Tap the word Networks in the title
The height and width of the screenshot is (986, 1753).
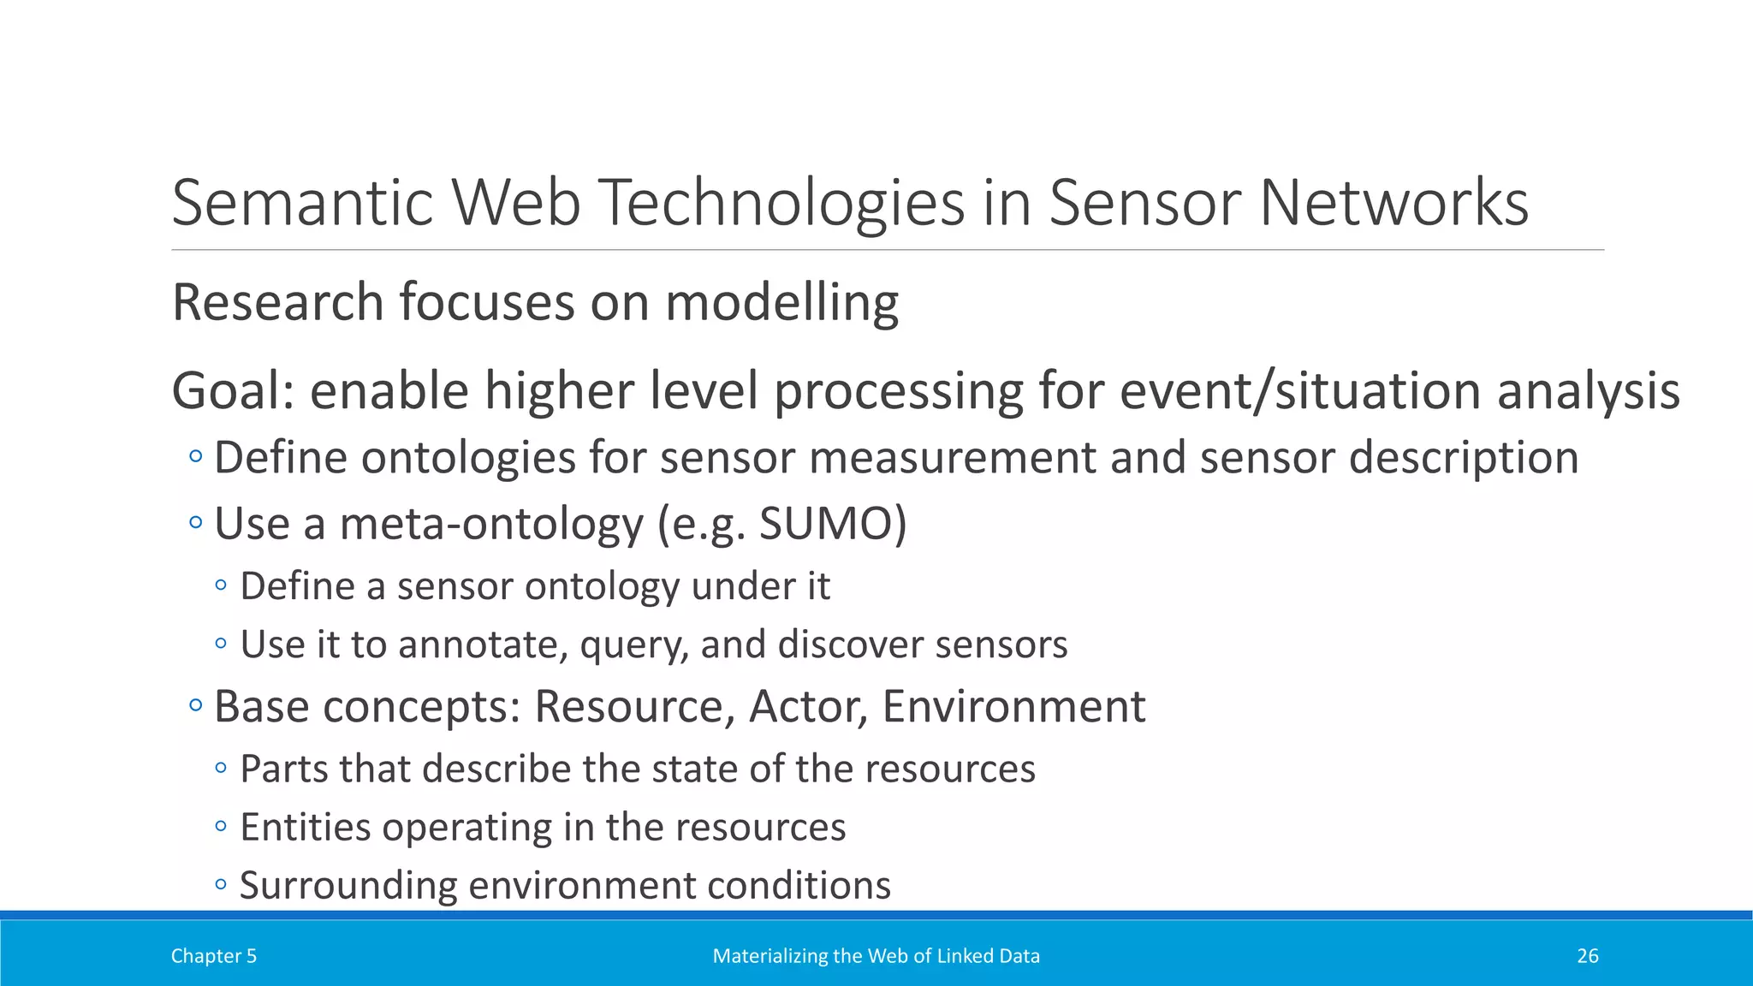coord(1393,203)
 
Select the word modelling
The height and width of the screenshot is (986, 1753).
coord(781,303)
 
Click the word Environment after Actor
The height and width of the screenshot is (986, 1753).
coord(1013,706)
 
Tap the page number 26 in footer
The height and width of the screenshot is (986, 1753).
coord(1587,956)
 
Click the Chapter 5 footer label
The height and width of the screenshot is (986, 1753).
coord(214,956)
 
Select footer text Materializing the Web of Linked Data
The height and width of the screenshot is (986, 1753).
coord(876,956)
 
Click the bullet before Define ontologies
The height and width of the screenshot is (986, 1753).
coord(196,457)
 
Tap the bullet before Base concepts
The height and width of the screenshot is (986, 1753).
coord(196,706)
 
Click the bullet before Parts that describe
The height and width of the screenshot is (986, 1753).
coord(221,768)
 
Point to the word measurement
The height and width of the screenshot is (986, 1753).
coord(952,457)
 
